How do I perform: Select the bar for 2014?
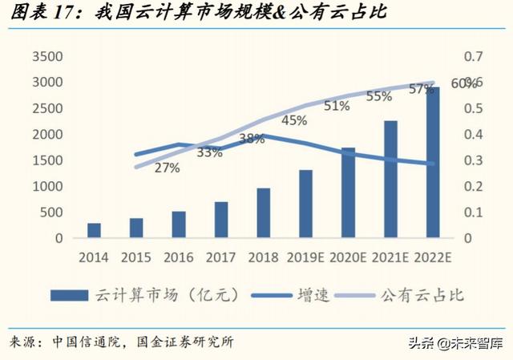94,230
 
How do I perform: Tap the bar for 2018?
263,213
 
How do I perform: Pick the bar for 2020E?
348,193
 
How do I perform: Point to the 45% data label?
294,121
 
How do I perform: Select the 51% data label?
337,105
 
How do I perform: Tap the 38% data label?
252,138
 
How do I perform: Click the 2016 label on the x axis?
179,257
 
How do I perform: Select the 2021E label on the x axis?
390,257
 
